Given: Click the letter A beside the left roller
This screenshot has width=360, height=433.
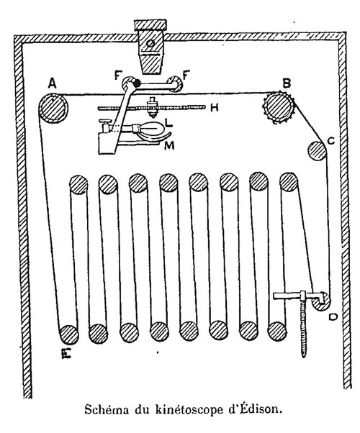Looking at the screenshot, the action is coord(53,83).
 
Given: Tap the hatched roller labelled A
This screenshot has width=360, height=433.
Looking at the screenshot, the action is coord(53,108).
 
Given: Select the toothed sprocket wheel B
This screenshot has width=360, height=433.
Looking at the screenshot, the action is coord(279,108).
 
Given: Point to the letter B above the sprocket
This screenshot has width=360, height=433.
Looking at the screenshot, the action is coord(287,83).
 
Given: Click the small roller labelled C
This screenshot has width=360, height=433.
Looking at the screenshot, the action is coord(318,151).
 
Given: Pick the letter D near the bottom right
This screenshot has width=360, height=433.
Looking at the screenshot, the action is coord(333,316).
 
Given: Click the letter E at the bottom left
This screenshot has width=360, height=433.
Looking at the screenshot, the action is coord(66,353).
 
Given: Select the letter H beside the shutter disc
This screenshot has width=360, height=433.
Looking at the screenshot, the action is coord(214,107).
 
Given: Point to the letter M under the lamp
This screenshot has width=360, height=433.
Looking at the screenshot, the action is coord(169,145).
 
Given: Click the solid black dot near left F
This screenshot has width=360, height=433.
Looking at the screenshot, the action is coord(136,83).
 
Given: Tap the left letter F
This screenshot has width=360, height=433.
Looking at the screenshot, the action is coord(118,76).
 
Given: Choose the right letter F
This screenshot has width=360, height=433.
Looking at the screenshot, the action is coord(186,75).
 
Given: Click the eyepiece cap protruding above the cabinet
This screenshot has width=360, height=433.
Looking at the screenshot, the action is coord(150,25).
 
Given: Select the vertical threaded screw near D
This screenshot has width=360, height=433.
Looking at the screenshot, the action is coord(304,329).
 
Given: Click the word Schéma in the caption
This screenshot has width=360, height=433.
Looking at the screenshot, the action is coord(107,410).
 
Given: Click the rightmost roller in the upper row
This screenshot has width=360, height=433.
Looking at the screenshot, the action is coord(289,182).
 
